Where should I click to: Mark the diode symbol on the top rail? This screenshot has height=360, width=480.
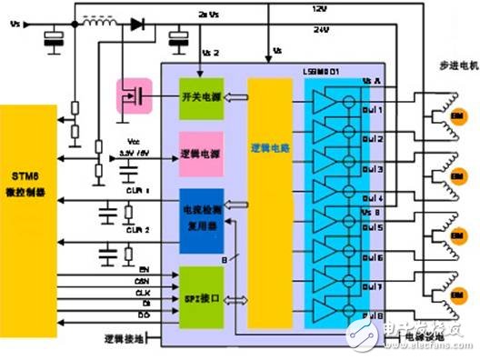tap(137, 25)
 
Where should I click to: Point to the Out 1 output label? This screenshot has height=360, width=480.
tap(373, 111)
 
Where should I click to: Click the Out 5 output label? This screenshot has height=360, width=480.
tap(373, 226)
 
